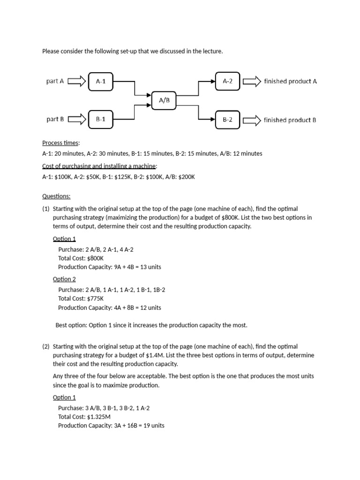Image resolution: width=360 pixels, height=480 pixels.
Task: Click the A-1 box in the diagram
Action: point(101,81)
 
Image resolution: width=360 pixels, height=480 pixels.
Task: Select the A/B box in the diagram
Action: point(164,100)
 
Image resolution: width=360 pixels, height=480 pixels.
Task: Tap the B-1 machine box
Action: point(101,120)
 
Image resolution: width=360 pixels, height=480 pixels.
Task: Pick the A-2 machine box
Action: point(228,81)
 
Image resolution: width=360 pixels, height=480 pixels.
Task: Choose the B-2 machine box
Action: point(228,120)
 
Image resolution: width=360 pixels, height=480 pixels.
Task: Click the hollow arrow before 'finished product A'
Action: point(251,82)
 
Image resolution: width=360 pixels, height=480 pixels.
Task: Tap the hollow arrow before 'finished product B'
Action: point(251,120)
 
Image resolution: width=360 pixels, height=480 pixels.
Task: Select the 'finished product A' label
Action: point(290,82)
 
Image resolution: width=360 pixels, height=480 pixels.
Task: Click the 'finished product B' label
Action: point(290,120)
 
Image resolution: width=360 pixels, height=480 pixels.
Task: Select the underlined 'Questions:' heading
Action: point(56,196)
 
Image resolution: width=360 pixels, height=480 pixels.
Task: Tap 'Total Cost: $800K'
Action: point(81,258)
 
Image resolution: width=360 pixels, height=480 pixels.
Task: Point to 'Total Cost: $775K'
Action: point(81,299)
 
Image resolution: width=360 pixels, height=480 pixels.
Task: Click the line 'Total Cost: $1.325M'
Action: point(84,417)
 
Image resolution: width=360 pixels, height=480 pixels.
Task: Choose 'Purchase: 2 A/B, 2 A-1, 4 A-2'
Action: point(99,249)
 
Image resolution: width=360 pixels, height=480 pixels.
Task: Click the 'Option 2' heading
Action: point(64,279)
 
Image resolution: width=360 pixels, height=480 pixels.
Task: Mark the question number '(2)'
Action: point(46,346)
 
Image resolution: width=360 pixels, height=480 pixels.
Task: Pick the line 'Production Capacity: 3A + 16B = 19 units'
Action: point(111,426)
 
